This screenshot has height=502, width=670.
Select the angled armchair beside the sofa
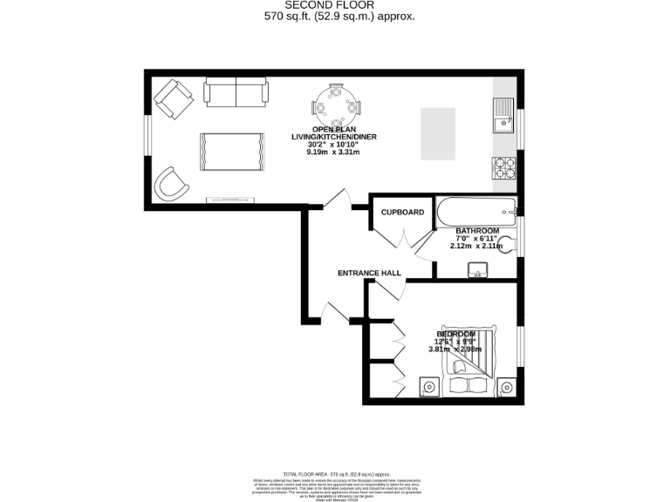(x=174, y=98)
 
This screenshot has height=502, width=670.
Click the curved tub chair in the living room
(x=171, y=184)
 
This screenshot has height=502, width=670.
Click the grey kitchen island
(x=438, y=133)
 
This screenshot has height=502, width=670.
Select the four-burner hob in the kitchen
(x=504, y=166)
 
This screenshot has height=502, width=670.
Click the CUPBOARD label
(x=402, y=212)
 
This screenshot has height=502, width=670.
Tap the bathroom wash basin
(x=476, y=272)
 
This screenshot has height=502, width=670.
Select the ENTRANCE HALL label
(x=369, y=273)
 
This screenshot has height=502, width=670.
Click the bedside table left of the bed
(x=427, y=385)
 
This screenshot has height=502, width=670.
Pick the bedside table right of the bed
(x=507, y=386)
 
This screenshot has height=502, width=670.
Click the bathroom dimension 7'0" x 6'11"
(x=476, y=239)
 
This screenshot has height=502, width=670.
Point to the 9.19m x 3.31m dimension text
(x=333, y=152)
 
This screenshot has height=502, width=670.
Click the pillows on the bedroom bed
(x=468, y=383)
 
